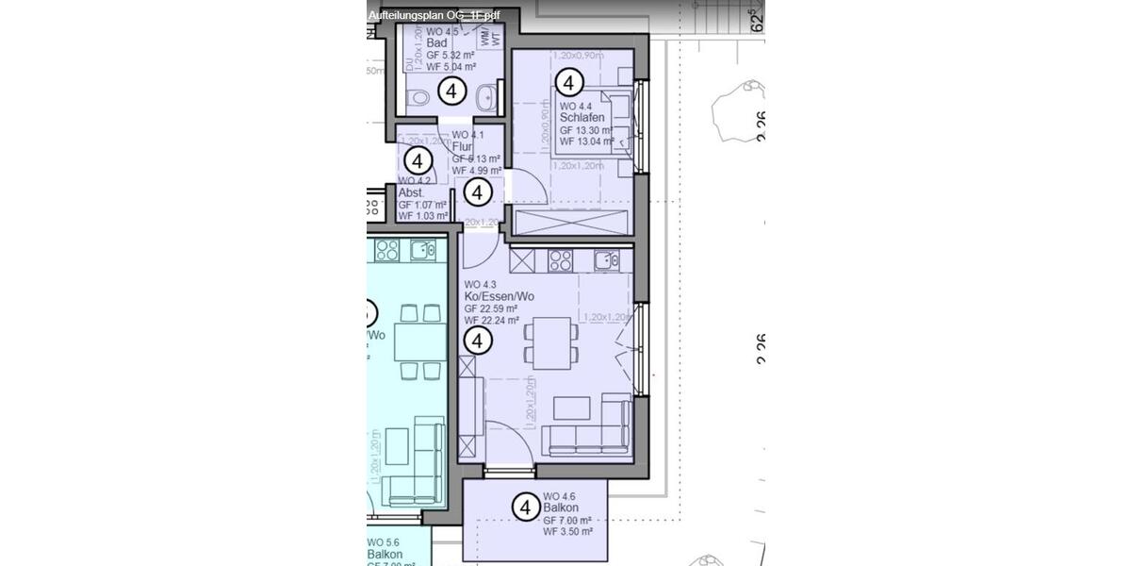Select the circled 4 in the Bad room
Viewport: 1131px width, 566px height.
(452, 92)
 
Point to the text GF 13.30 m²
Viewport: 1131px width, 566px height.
(586, 130)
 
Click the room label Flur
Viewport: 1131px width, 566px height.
(462, 147)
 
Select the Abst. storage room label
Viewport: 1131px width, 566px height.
(413, 192)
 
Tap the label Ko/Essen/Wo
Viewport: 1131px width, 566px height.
(499, 296)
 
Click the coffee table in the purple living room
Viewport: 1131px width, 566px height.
(571, 408)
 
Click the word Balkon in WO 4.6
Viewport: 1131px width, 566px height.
(561, 508)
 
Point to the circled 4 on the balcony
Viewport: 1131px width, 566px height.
(525, 508)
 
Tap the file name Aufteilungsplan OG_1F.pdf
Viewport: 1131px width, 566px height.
(434, 14)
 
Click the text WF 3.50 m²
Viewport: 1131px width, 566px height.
(567, 532)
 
